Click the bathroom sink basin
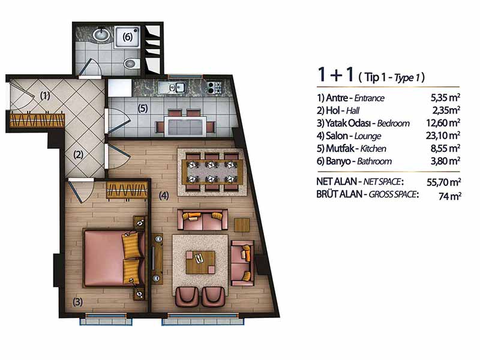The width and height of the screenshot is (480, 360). click(101, 35)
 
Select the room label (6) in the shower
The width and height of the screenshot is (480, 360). click(127, 37)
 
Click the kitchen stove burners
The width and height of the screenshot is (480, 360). click(214, 87)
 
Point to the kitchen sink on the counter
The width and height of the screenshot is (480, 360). click(176, 87)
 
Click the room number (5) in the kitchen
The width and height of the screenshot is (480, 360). click(143, 108)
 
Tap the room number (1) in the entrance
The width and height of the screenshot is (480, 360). click(45, 95)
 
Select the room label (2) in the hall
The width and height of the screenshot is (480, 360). click(79, 155)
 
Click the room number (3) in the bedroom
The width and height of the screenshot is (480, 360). click(77, 302)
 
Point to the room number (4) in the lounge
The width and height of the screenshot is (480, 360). click(164, 196)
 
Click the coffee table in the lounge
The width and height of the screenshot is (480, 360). click(200, 262)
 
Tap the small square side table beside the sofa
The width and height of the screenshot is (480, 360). click(242, 225)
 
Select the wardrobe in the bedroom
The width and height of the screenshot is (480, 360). click(127, 190)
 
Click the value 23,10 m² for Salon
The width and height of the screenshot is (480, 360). click(443, 136)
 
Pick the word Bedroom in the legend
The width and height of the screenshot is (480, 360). click(394, 124)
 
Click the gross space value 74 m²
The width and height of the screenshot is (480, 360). click(449, 196)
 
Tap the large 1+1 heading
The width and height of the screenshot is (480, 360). click(335, 74)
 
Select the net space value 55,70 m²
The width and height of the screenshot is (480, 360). click(444, 182)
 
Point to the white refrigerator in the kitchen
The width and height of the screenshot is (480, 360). click(119, 88)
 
